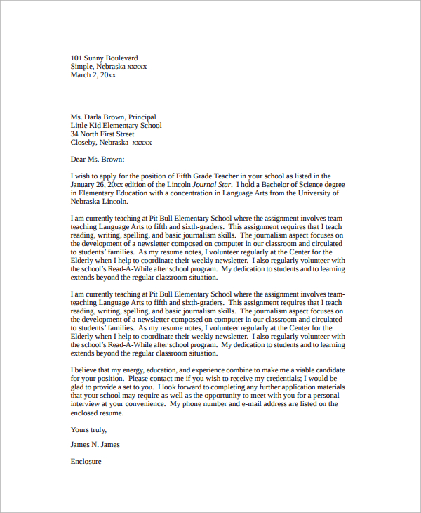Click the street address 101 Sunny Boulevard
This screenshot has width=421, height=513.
click(x=105, y=58)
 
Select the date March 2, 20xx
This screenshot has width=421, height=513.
click(x=93, y=75)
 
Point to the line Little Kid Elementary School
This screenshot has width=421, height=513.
click(x=116, y=126)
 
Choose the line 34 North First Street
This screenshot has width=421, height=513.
click(x=102, y=134)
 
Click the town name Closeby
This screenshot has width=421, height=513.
click(x=85, y=143)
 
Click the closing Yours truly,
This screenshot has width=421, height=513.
click(x=89, y=429)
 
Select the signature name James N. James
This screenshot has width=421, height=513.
click(x=95, y=445)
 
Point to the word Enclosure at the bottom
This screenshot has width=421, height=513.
click(x=86, y=462)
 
